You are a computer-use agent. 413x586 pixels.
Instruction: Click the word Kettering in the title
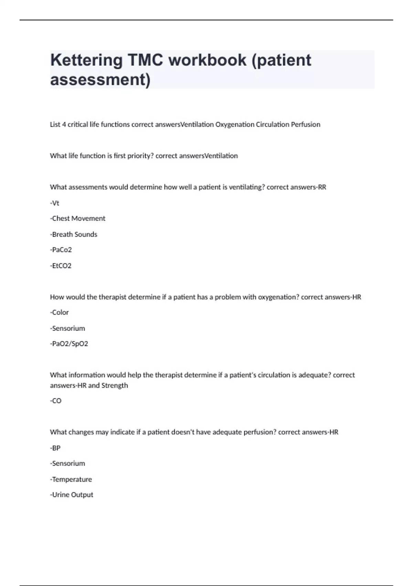[86, 60]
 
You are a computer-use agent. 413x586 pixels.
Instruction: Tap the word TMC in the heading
[145, 60]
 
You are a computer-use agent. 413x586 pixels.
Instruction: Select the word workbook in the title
[207, 60]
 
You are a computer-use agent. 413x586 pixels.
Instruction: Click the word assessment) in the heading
[100, 79]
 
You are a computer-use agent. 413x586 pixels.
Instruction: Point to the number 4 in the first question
[64, 124]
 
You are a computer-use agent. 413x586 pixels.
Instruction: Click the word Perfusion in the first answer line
[305, 124]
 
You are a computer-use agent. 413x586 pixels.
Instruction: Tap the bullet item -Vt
[55, 203]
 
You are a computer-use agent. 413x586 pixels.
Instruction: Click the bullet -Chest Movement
[78, 219]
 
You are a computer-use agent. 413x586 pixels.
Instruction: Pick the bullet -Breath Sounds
[74, 234]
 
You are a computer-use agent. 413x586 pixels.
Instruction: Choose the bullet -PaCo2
[61, 250]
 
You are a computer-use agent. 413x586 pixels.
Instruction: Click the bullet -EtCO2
[61, 266]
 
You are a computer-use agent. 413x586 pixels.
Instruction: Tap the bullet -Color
[59, 312]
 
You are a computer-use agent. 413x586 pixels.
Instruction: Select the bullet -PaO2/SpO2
[69, 344]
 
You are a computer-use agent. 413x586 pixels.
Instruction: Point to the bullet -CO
[56, 401]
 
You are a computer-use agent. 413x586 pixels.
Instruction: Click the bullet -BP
[55, 448]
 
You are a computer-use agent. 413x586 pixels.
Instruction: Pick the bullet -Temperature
[71, 479]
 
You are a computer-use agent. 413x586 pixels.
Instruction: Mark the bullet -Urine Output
[72, 495]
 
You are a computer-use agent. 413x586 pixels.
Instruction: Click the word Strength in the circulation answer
[115, 385]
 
